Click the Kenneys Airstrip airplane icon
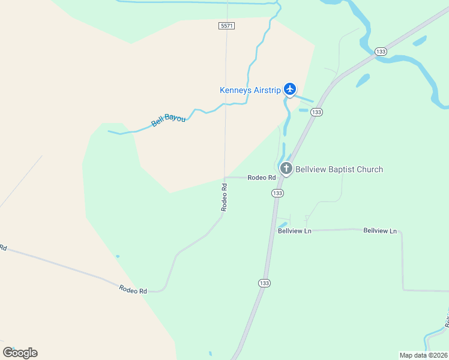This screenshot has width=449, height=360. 291,89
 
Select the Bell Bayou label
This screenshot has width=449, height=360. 168,119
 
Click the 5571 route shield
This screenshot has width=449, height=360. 226,26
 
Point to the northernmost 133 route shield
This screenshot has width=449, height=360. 380,52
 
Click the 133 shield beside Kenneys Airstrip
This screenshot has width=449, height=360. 317,112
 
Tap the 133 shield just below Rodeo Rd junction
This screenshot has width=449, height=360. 277,193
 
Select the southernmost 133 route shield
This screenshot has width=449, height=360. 265,283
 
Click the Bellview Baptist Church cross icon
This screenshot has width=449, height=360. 286,169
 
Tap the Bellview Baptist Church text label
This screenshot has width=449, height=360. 339,170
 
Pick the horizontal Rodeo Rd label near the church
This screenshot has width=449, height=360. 262,178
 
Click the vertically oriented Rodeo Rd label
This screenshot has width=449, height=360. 224,197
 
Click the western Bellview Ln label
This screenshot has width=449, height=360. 295,230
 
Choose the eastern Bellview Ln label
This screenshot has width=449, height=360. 381,230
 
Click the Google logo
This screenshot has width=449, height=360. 20,353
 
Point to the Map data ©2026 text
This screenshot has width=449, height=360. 423,355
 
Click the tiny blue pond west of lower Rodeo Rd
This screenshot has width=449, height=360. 117,256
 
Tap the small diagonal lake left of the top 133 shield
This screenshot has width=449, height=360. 363,80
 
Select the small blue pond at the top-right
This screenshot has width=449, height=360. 420,41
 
